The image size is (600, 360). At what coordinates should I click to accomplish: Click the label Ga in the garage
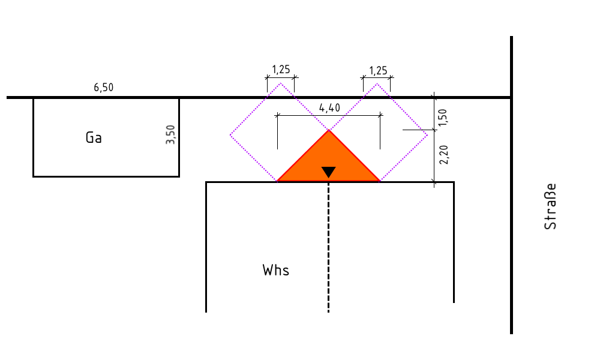point(94,137)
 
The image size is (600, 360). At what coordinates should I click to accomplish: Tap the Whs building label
point(276,270)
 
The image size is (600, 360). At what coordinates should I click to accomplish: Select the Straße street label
point(550,206)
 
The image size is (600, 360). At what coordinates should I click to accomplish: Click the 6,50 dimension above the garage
point(104,88)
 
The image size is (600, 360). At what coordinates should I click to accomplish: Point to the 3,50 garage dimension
point(170,134)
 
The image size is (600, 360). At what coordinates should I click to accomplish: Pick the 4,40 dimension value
point(329,108)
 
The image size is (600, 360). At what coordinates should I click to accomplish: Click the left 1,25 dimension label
point(281,69)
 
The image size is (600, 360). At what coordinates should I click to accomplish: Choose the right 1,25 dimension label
point(378,71)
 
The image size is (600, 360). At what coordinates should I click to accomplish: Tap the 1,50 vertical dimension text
point(443,118)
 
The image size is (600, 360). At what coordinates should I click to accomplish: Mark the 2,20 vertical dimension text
point(444,155)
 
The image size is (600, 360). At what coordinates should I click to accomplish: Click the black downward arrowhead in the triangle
point(329,172)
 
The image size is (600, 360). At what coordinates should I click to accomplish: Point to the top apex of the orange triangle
point(329,130)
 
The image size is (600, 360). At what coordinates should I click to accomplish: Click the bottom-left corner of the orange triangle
point(277,181)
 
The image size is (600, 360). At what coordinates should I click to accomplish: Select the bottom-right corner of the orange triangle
point(380,181)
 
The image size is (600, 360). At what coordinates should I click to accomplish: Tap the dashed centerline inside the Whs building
point(329,247)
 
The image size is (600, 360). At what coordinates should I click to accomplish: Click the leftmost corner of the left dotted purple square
point(230,134)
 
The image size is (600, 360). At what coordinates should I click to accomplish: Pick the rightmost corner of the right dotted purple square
point(427,134)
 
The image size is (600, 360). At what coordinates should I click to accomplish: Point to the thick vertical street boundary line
point(512,185)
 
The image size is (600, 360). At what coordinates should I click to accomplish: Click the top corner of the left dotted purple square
point(280,83)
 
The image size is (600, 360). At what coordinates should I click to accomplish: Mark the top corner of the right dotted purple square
point(377,83)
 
